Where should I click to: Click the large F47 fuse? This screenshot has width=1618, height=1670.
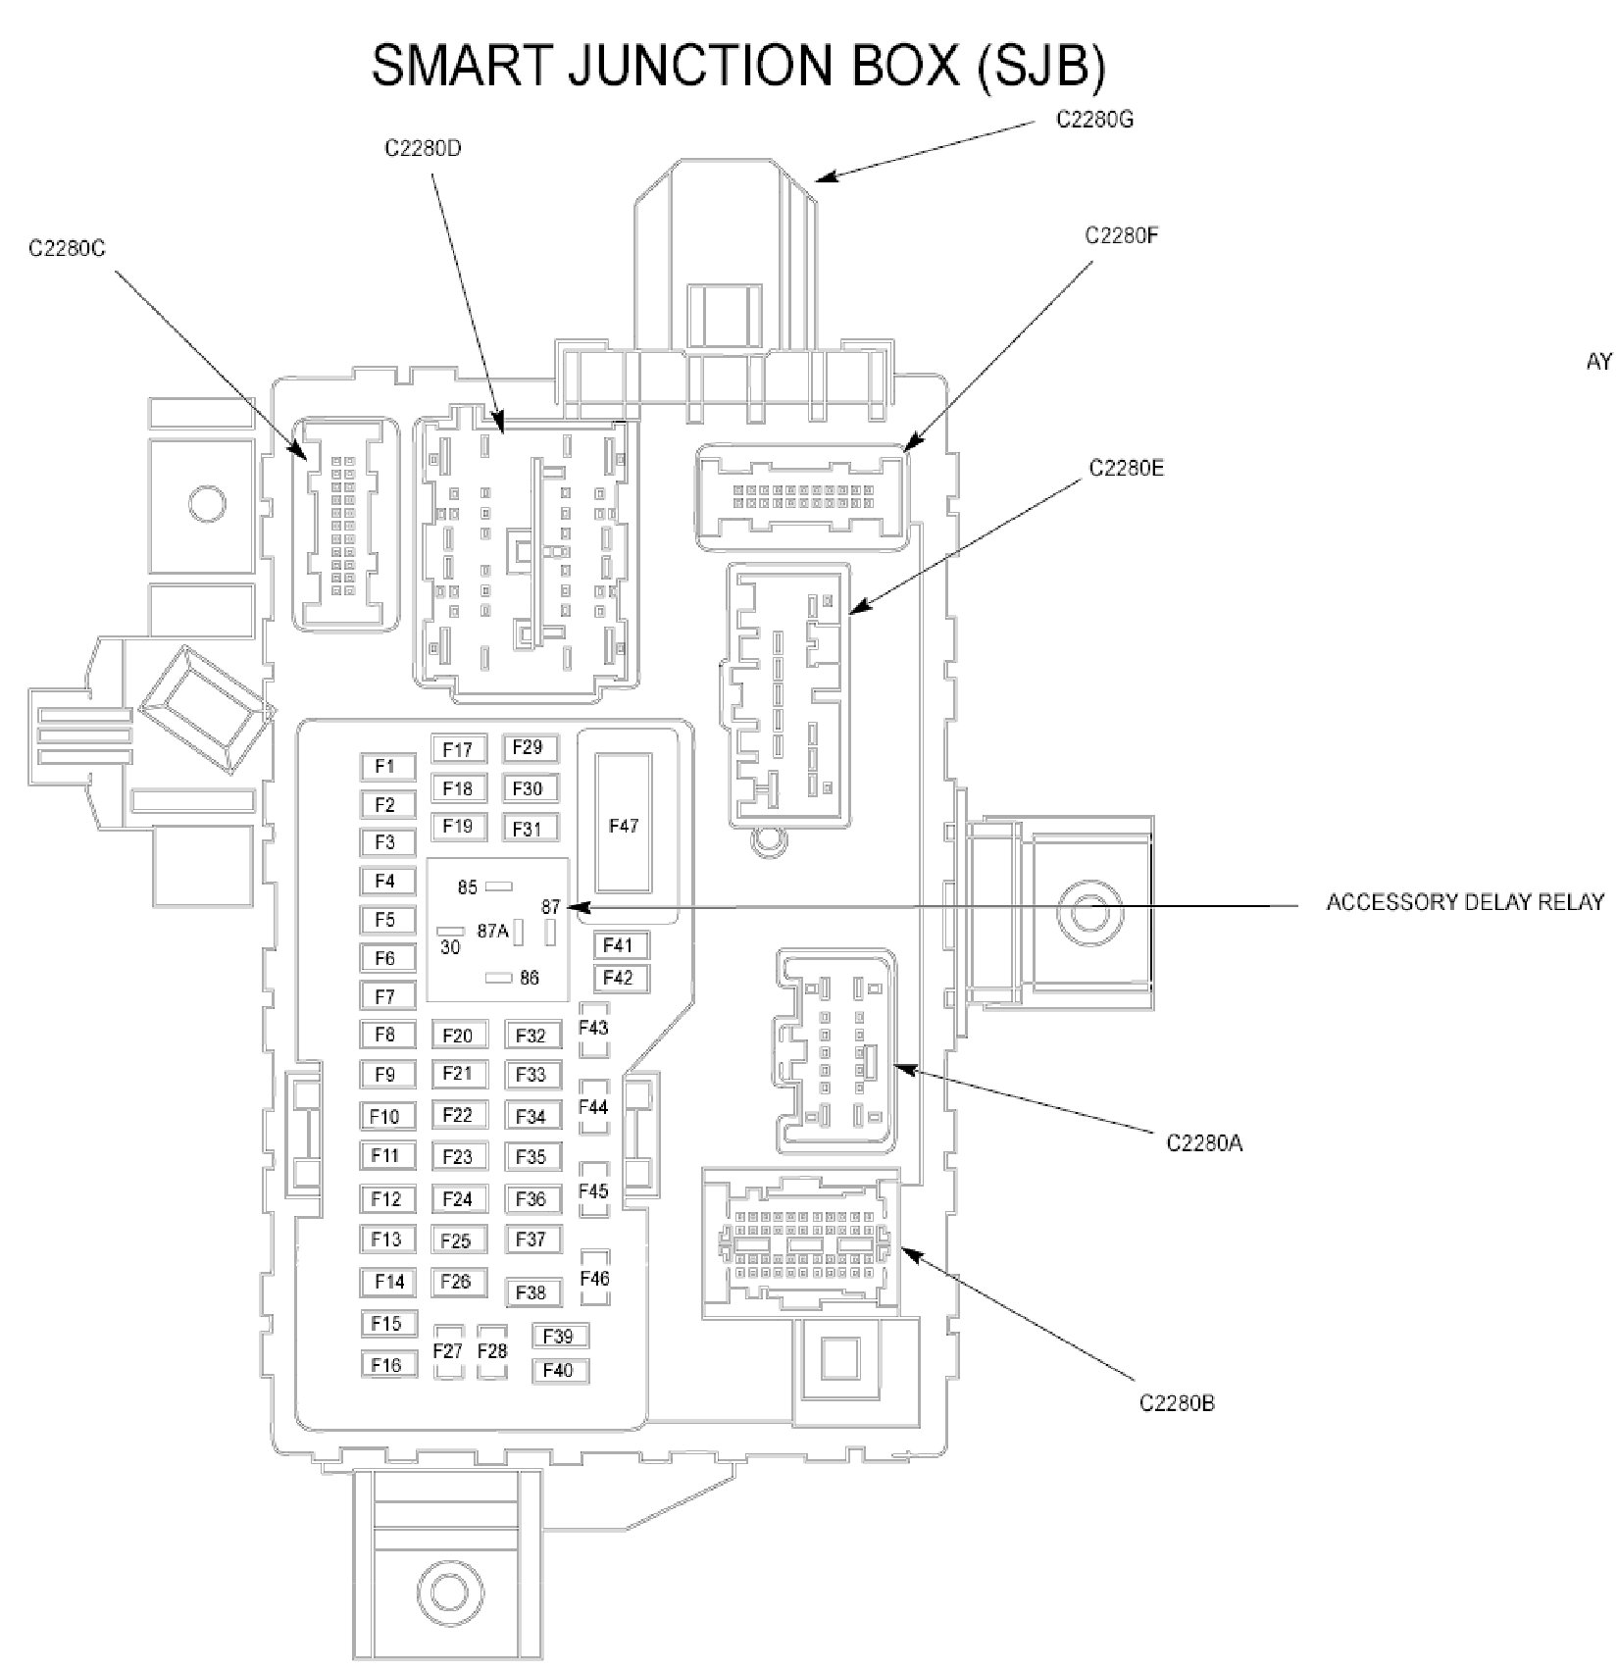(x=624, y=825)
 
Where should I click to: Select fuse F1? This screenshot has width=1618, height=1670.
(x=385, y=766)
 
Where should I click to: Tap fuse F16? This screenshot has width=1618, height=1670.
(x=387, y=1364)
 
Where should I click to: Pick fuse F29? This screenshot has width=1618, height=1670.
(x=529, y=747)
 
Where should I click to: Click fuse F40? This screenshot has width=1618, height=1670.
(x=558, y=1370)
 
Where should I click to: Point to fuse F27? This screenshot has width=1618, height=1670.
(x=448, y=1350)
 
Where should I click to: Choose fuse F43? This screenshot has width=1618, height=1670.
(x=593, y=1028)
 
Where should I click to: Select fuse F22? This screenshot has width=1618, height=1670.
(x=458, y=1115)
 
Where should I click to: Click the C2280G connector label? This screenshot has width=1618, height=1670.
(x=1094, y=120)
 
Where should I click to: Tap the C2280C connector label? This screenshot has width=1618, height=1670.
(x=67, y=249)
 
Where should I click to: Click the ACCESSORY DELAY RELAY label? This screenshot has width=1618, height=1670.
(x=1465, y=902)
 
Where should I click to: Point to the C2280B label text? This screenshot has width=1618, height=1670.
(x=1177, y=1402)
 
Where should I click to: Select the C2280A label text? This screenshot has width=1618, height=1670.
(x=1204, y=1142)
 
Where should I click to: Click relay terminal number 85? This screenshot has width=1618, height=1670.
(x=468, y=887)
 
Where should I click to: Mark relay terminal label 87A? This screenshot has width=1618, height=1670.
(x=492, y=932)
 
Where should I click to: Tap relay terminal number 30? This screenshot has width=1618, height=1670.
(x=450, y=947)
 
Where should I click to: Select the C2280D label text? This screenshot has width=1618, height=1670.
(x=423, y=150)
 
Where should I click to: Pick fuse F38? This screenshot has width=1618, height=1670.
(x=531, y=1292)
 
